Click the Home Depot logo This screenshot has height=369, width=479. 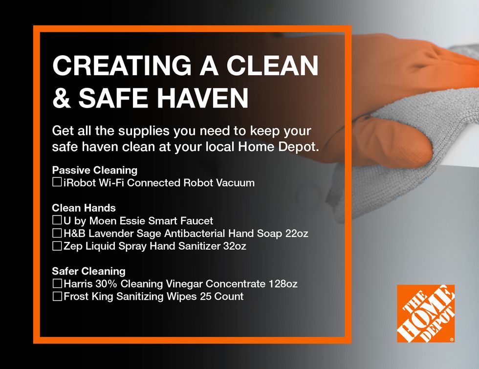click(x=426, y=313)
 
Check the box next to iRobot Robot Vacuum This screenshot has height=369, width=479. click(x=57, y=182)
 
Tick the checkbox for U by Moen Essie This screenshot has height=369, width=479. click(x=57, y=220)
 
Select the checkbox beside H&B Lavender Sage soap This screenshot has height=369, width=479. click(x=57, y=233)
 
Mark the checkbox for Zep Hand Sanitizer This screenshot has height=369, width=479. click(x=57, y=246)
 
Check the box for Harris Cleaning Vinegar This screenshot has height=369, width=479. click(x=57, y=283)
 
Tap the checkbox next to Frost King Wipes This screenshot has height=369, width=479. click(x=57, y=296)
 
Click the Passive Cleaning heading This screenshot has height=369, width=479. click(x=95, y=170)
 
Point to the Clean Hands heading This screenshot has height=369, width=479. click(x=84, y=208)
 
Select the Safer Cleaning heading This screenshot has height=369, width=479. click(x=88, y=271)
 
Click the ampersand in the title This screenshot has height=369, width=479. click(x=62, y=98)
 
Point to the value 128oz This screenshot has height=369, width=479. click(x=283, y=284)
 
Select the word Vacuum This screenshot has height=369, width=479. click(x=235, y=183)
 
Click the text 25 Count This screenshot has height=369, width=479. click(x=222, y=296)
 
